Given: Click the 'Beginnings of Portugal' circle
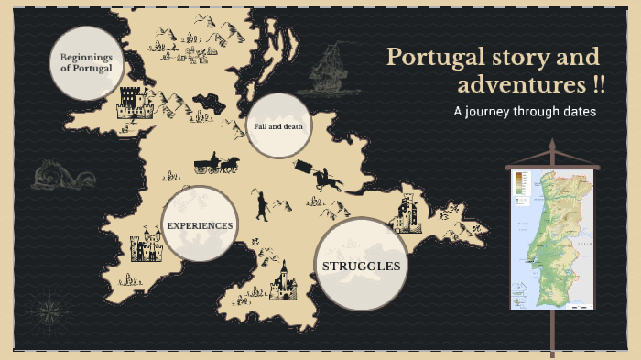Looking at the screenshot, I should (x=86, y=62).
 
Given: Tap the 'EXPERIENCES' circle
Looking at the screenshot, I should (x=200, y=224).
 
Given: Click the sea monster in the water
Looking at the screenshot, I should (x=58, y=174).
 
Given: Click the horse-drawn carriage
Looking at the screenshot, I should (x=216, y=164).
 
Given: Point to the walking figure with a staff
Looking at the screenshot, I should (x=263, y=206).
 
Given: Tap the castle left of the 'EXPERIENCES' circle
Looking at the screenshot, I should (x=146, y=248).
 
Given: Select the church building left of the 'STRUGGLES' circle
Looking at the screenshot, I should (x=283, y=280).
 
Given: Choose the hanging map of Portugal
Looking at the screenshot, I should (x=552, y=238).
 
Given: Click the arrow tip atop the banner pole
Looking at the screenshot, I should (x=552, y=145).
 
